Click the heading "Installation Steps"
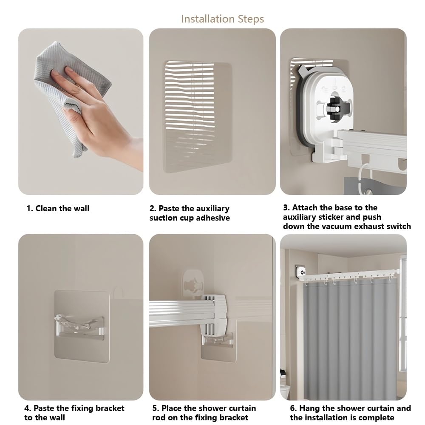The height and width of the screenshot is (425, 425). coord(222,19)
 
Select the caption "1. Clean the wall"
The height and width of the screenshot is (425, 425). coord(58,208)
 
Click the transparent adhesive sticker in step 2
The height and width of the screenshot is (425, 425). coord(197,116)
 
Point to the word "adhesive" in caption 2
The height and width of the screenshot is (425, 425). coord(213,218)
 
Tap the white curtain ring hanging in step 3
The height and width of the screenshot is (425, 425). coord(362,176)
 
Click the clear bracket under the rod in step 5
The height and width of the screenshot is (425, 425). coord(217,340)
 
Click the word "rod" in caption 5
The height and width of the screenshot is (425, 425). coord(159,417)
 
